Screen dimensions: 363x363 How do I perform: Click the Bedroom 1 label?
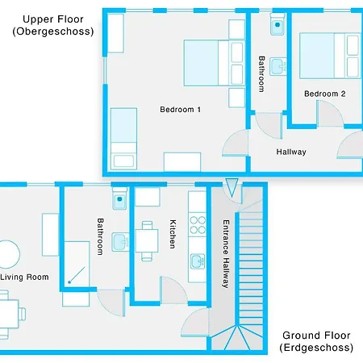(x=180, y=109)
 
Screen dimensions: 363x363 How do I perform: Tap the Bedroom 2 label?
(x=324, y=94)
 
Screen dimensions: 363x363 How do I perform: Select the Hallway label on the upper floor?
(x=291, y=152)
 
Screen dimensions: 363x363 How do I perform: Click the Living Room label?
(x=24, y=277)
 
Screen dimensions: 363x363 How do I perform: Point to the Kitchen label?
(x=173, y=233)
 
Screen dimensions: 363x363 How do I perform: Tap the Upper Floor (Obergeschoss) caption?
(x=53, y=25)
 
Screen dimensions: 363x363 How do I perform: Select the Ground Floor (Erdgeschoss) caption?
(x=317, y=341)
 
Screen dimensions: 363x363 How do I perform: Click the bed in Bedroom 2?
(x=330, y=56)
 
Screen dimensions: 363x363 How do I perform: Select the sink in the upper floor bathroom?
(x=277, y=65)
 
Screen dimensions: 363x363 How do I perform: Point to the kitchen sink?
(x=198, y=261)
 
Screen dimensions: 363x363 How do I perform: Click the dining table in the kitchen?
(x=146, y=240)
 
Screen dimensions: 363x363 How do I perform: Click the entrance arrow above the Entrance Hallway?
(x=232, y=190)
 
